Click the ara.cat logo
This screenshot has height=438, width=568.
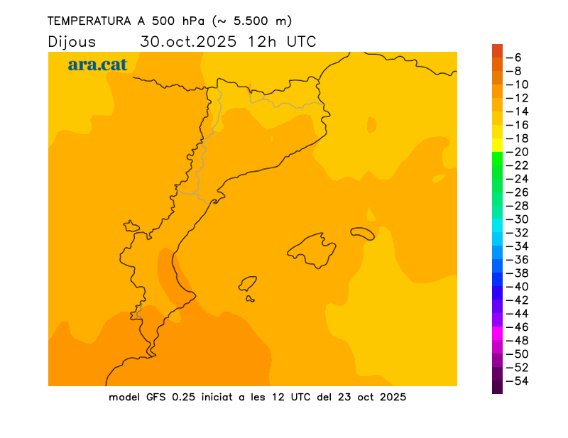[x=97, y=65]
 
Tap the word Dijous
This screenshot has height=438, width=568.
[x=72, y=42]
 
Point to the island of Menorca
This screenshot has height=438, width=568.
[x=363, y=233]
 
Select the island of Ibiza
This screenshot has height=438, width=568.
[x=247, y=284]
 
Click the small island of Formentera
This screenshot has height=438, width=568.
[x=250, y=299]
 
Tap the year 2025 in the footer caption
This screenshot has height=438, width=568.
[x=391, y=397]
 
